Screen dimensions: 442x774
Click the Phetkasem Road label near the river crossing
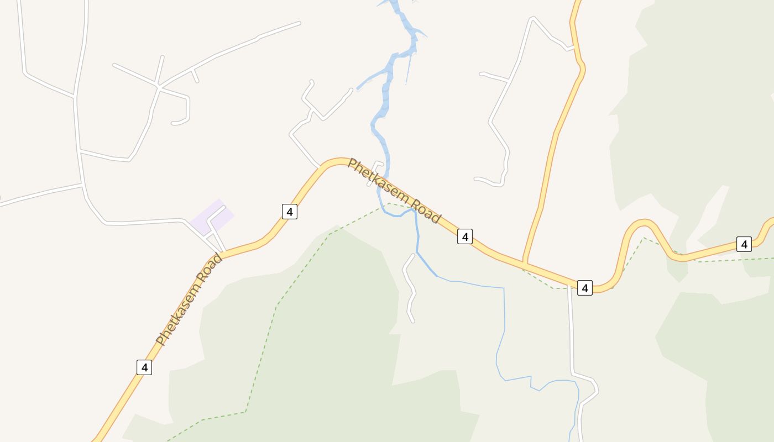click(x=394, y=191)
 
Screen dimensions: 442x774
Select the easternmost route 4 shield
click(x=744, y=244)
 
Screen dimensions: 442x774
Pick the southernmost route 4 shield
click(x=144, y=367)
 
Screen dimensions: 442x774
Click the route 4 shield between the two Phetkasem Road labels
click(x=290, y=211)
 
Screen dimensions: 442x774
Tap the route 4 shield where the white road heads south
click(x=585, y=287)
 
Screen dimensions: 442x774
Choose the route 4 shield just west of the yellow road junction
click(x=465, y=236)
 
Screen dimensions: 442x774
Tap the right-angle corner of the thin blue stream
click(x=504, y=288)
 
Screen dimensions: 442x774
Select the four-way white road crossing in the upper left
click(x=159, y=86)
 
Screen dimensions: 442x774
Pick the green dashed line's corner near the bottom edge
click(x=245, y=412)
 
